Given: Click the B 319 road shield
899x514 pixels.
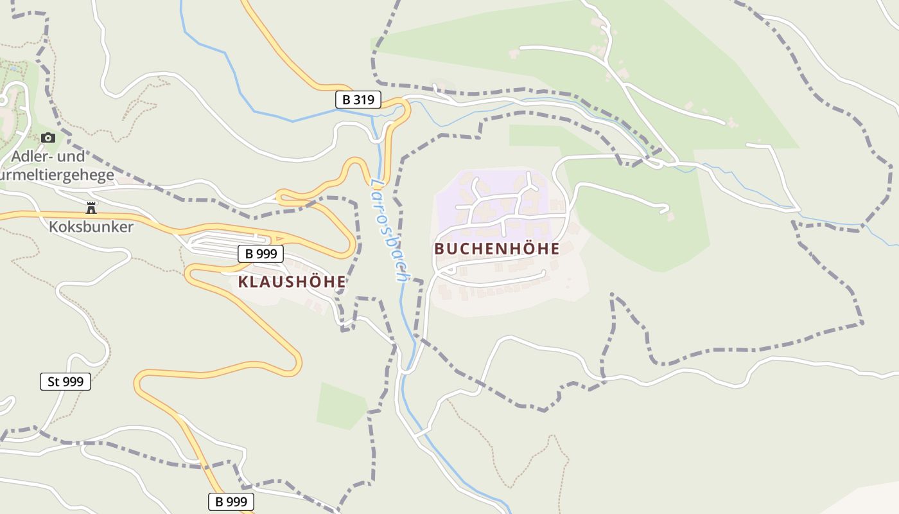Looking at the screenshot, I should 358,100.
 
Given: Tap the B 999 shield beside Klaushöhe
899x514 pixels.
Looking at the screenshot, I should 261,254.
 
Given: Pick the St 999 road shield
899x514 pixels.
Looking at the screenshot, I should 65,382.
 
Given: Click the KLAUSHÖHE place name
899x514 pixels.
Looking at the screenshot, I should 292,281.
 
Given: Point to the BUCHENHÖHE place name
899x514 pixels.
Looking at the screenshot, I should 497,249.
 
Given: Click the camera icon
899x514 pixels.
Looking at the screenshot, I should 48,137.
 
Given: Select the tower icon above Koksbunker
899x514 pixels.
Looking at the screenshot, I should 91,208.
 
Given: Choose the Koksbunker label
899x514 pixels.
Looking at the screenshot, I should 91,227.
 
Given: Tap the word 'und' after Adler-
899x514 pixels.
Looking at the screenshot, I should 72,157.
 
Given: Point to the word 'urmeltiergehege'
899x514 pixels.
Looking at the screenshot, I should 57,175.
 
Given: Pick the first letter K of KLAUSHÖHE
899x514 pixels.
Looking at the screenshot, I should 243,281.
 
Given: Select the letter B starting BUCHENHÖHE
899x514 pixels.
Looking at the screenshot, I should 439,249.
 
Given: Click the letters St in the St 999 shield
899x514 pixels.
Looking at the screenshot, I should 53,382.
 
